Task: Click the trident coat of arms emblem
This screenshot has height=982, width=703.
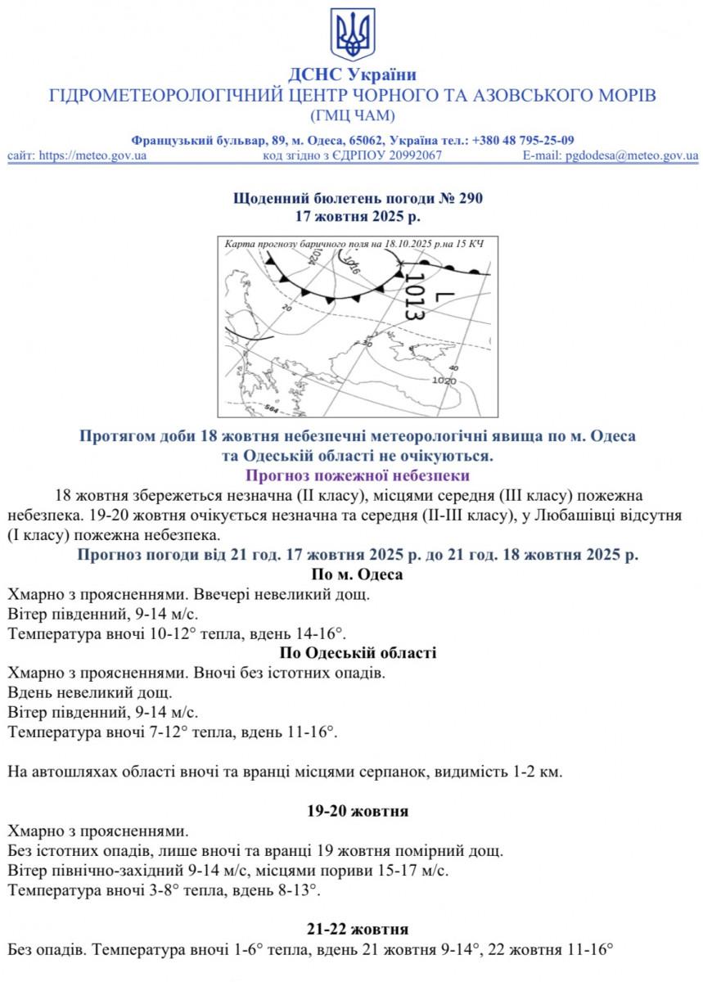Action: point(353,35)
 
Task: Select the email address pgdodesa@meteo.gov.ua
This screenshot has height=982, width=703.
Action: point(632,155)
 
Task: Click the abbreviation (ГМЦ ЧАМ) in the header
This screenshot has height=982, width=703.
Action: point(353,115)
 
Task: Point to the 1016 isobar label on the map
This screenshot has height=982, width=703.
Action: point(353,263)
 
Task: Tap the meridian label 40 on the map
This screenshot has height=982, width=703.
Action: point(454,368)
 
